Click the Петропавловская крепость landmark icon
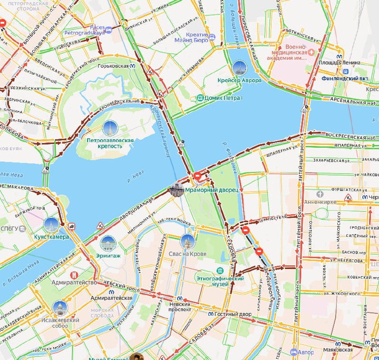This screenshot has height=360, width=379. [110, 128]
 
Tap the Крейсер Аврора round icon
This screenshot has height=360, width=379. [240, 69]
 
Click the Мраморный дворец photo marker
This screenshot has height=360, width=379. [176, 190]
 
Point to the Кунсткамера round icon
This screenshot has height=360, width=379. [51, 225]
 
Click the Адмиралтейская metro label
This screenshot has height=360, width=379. [111, 298]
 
